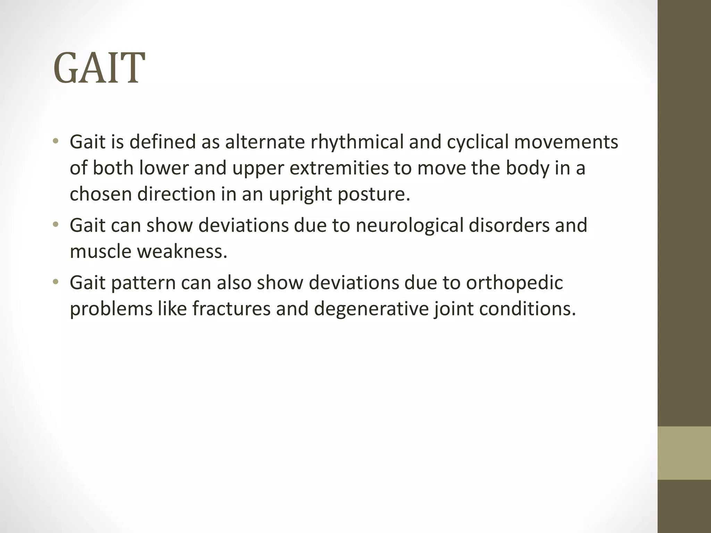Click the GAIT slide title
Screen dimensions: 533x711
(99, 68)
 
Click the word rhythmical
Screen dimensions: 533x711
(357, 142)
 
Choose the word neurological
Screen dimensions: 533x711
(409, 225)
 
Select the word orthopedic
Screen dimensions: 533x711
(514, 282)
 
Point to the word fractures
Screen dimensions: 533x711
(231, 308)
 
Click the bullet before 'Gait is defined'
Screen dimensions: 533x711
(55, 142)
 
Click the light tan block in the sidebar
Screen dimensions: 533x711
(684, 453)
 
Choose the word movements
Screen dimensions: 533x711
(566, 142)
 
